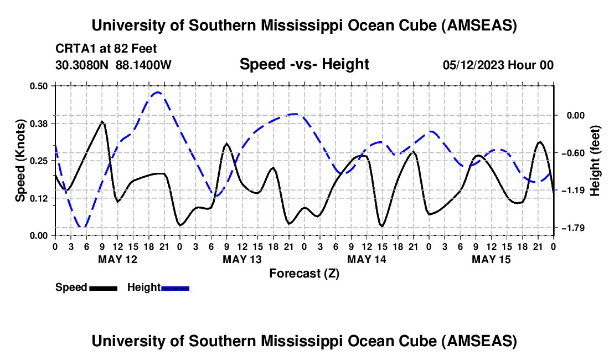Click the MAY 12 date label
(x=117, y=259)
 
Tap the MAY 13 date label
(x=242, y=259)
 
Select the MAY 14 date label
(x=367, y=259)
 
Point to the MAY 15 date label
(x=491, y=259)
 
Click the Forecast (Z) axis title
(x=304, y=273)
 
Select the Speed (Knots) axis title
(x=20, y=161)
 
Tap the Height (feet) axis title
(x=595, y=161)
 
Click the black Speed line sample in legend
(x=102, y=288)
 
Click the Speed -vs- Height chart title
(x=304, y=64)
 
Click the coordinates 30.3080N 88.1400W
(x=113, y=65)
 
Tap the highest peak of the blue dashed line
(x=158, y=92)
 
